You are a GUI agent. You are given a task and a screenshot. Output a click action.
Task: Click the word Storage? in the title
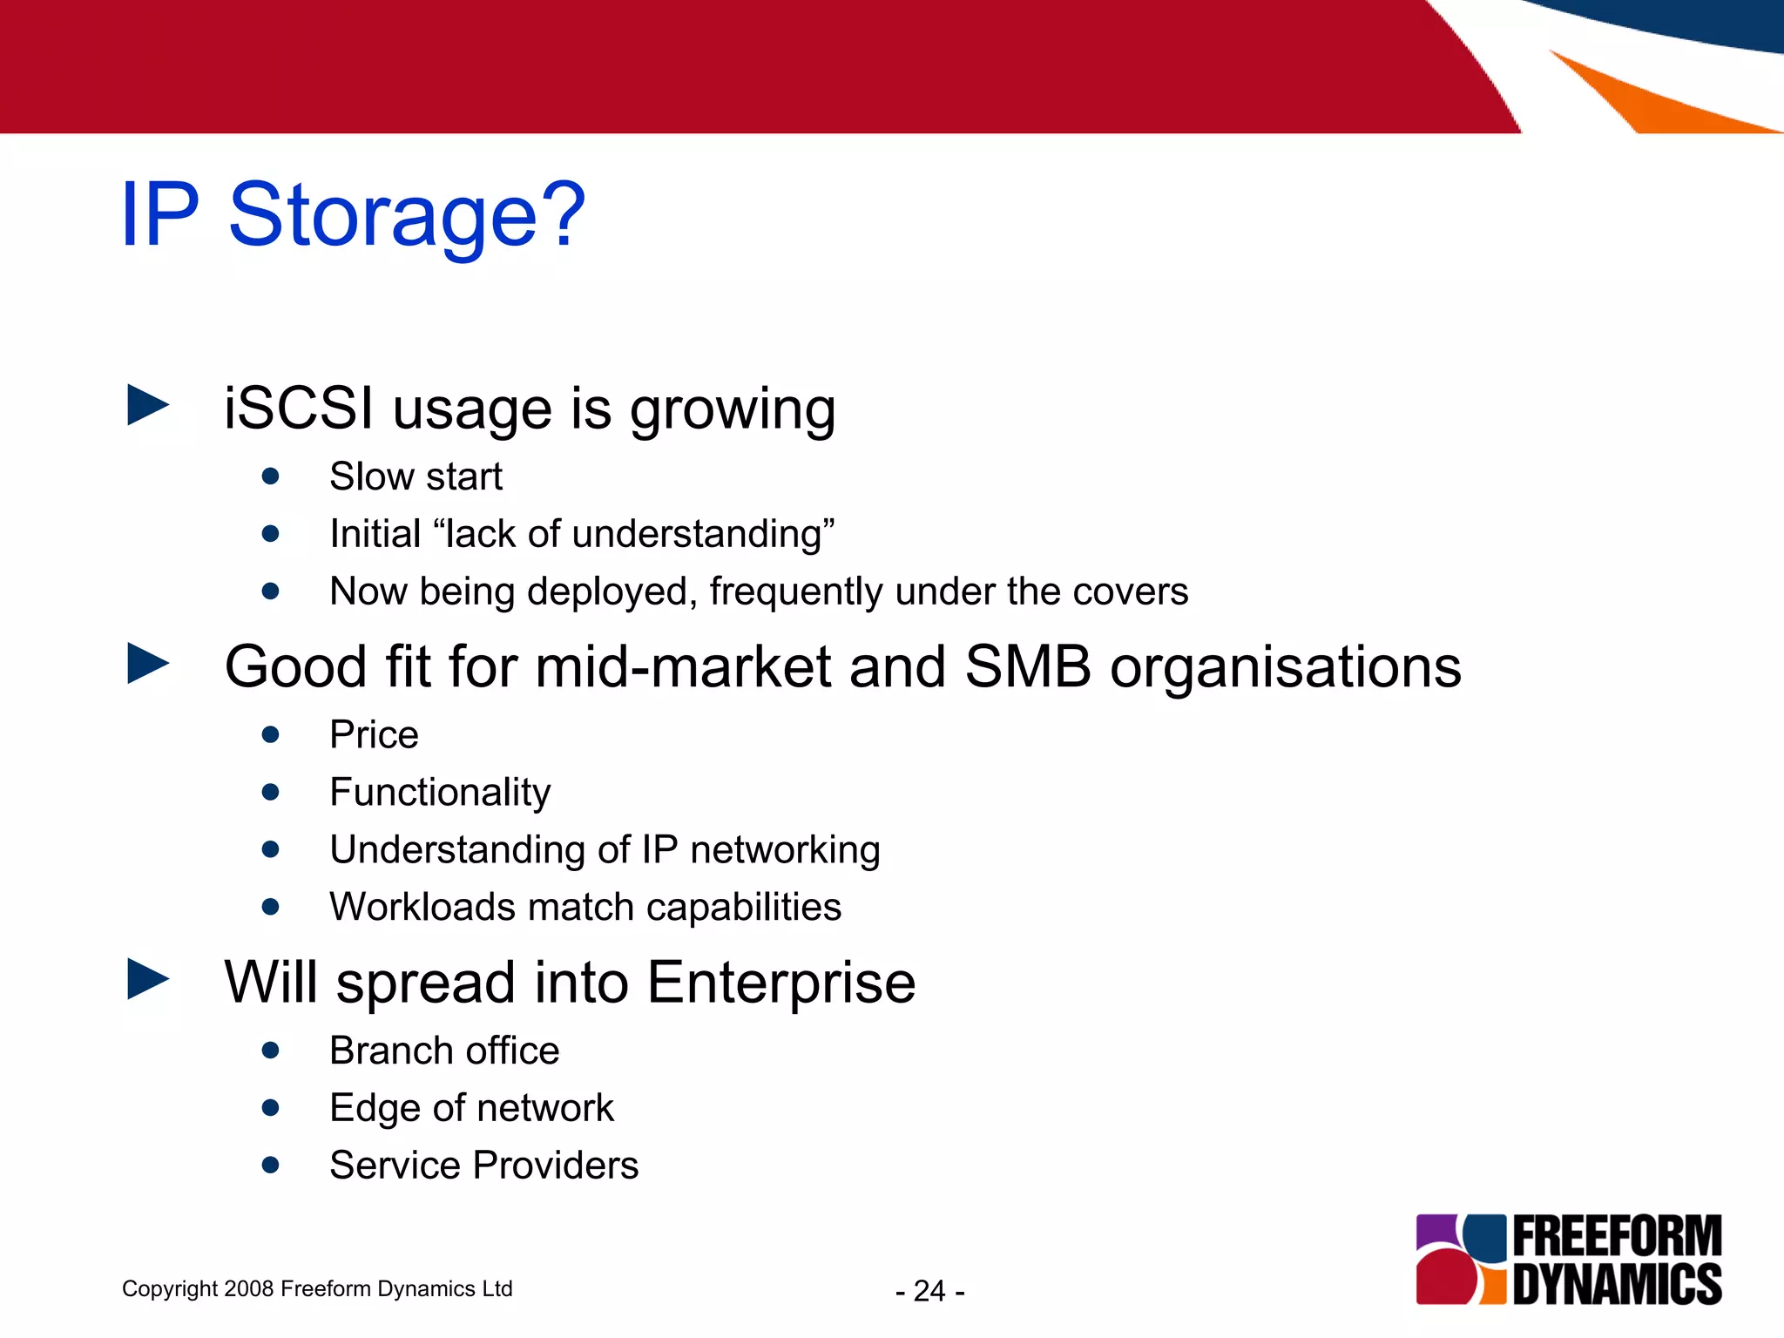point(407,215)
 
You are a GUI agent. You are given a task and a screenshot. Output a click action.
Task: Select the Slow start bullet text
point(416,476)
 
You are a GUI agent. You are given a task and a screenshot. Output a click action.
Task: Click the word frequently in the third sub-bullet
point(796,591)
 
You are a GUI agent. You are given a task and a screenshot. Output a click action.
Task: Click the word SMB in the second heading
point(1028,667)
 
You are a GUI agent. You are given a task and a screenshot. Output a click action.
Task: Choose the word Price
point(374,734)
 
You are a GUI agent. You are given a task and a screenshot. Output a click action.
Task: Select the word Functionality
point(440,793)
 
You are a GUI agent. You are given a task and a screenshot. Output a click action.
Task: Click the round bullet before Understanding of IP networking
point(271,849)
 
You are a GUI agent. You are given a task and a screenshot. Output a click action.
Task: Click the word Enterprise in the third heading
point(781,983)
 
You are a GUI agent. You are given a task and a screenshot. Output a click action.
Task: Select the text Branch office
point(444,1051)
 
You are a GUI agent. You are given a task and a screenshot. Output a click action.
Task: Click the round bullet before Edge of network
point(271,1108)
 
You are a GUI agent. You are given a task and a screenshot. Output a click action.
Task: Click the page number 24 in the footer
point(929,1291)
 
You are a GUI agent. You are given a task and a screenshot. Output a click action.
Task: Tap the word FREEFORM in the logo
point(1617,1237)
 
